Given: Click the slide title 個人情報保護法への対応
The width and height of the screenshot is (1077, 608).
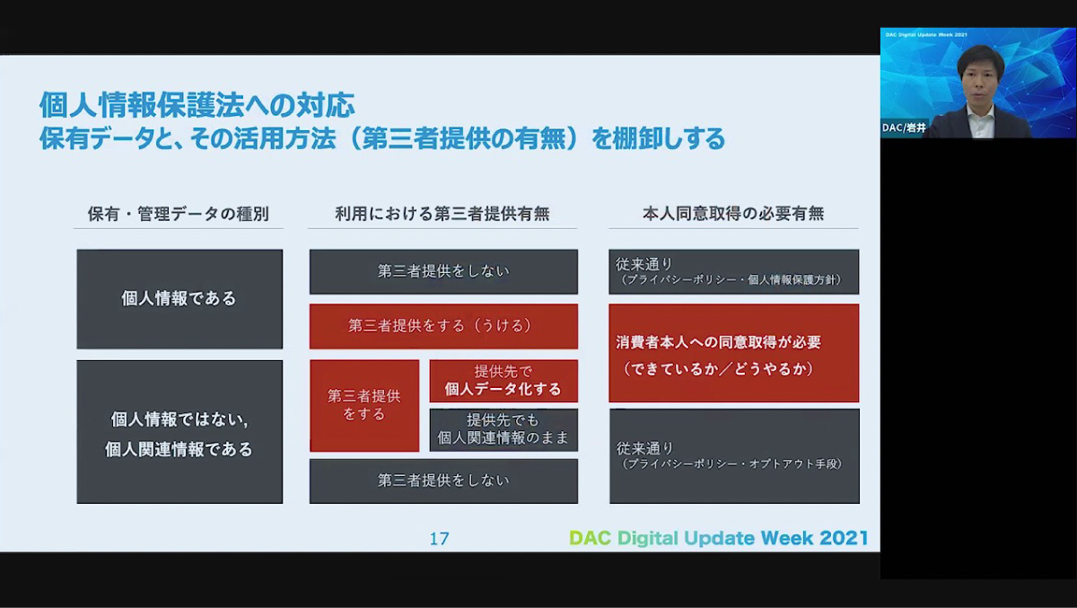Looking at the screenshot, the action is (197, 105).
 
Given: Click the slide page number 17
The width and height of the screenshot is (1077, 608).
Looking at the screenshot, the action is (439, 539).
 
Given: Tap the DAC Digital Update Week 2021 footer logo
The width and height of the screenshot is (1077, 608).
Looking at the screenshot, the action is (719, 538).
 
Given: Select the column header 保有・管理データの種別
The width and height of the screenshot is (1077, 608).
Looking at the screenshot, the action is (179, 214).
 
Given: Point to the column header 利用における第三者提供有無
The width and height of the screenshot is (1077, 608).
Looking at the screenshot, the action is (442, 214).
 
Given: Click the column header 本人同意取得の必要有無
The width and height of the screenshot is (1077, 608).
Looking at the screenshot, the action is (733, 214).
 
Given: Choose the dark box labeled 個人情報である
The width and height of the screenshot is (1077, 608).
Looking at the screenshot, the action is (179, 299).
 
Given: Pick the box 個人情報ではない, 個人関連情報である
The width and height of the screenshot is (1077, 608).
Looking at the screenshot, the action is (179, 432).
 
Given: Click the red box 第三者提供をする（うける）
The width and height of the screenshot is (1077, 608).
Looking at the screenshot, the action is (443, 326).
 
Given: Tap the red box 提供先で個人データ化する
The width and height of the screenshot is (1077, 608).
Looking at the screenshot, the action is (503, 381).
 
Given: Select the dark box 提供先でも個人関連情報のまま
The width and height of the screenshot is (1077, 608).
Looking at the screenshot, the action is (503, 430).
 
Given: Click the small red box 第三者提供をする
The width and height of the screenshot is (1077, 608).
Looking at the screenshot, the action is (364, 406).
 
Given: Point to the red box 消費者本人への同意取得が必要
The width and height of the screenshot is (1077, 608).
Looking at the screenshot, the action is (734, 353).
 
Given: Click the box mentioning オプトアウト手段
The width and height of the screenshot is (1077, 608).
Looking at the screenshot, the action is (734, 456).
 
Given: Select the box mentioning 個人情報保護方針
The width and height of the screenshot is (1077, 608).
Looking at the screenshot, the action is (734, 272).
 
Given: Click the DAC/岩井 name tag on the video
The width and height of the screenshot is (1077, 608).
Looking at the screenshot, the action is (904, 128).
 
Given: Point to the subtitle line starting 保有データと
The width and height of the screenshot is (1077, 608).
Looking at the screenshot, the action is (382, 138).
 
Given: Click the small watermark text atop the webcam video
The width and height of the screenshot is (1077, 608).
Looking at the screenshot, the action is (926, 35).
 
